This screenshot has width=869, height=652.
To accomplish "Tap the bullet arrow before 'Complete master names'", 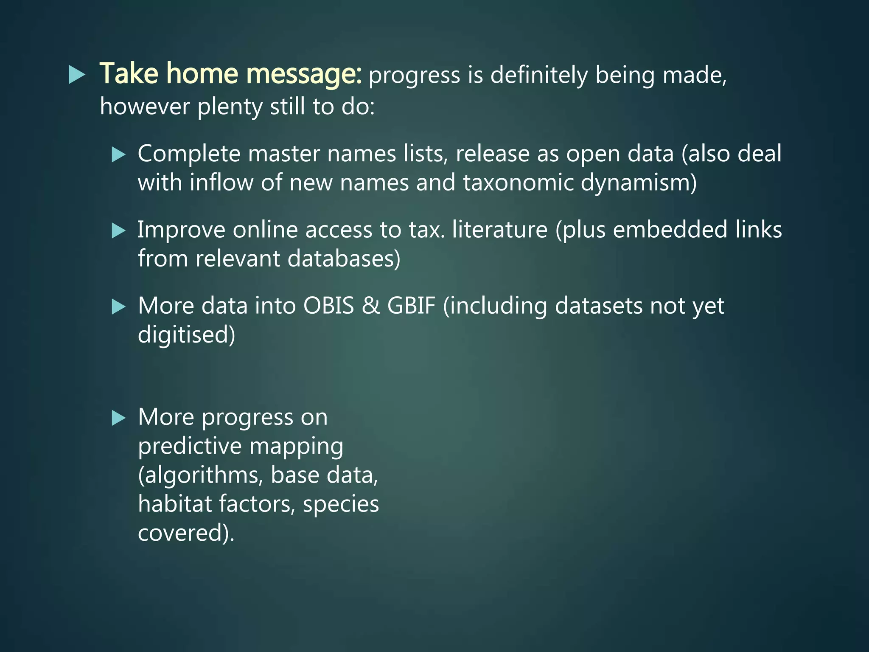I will click(118, 155).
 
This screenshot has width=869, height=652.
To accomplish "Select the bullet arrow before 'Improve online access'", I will click(118, 231).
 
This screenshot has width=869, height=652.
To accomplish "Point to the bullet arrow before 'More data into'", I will click(118, 306).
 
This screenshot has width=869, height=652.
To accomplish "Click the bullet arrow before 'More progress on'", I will click(118, 418).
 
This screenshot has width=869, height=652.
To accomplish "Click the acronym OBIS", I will click(328, 306).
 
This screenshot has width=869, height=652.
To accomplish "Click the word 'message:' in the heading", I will click(304, 74).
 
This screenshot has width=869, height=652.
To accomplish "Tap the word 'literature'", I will click(499, 230).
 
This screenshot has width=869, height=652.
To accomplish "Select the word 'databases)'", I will click(344, 259).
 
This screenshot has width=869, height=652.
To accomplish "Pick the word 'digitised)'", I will click(186, 334).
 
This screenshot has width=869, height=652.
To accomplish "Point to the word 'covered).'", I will click(186, 533).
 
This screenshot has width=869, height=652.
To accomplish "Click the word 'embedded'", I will click(670, 230).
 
